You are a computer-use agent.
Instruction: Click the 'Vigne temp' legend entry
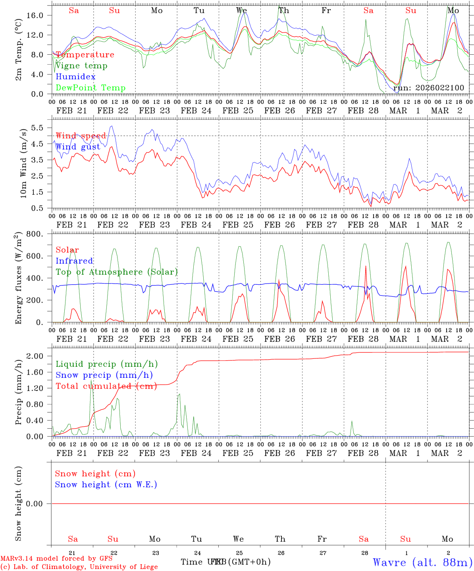click(x=81, y=66)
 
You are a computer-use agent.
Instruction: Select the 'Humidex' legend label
click(x=75, y=77)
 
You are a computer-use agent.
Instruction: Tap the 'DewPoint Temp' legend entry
click(x=91, y=88)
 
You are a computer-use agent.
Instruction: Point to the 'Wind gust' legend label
click(x=78, y=147)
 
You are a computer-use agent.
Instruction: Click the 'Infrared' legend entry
click(x=74, y=261)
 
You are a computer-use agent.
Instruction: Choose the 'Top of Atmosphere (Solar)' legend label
click(x=117, y=272)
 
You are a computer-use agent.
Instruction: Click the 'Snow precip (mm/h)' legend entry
click(x=104, y=375)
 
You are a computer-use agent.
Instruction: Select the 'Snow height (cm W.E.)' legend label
click(x=106, y=485)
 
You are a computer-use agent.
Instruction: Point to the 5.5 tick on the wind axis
click(x=39, y=128)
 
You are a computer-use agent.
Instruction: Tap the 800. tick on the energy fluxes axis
click(x=37, y=234)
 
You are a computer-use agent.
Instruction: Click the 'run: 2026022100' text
click(x=428, y=88)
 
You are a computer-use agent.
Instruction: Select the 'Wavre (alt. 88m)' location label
click(x=422, y=562)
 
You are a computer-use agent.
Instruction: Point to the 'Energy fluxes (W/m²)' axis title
click(x=19, y=279)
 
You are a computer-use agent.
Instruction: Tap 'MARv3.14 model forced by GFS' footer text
click(x=56, y=559)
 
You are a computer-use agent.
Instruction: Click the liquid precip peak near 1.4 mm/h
click(x=91, y=381)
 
